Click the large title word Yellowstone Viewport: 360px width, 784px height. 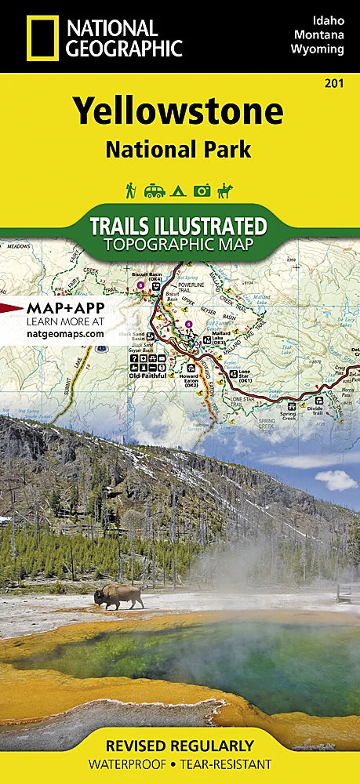(178, 113)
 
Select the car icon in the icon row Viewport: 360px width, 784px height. (154, 190)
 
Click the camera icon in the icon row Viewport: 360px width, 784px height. (202, 190)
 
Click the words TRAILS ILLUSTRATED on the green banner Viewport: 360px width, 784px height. (179, 226)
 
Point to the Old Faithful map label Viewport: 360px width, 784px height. (148, 373)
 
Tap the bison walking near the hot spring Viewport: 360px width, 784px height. (118, 597)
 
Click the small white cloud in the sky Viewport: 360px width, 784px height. (336, 480)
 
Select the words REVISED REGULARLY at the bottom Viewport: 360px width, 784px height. (179, 745)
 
